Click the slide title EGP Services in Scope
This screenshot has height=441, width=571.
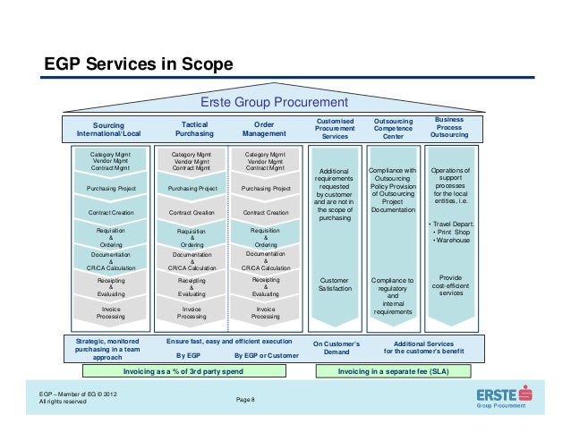(139, 64)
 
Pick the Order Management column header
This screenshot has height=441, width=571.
(264, 130)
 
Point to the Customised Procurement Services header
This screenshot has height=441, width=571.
(336, 128)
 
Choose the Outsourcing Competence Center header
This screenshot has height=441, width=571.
(393, 128)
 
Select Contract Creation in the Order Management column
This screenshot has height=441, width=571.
(266, 213)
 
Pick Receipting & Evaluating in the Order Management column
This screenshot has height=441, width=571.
(266, 286)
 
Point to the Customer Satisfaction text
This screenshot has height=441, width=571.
(335, 284)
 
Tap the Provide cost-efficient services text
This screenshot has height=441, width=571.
(452, 285)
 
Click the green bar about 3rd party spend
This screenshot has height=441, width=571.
(183, 369)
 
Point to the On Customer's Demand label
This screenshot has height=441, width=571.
(336, 348)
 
